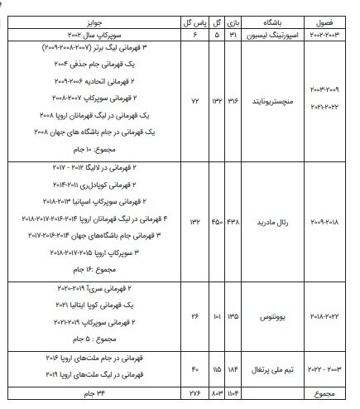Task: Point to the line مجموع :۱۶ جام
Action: (132, 270)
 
